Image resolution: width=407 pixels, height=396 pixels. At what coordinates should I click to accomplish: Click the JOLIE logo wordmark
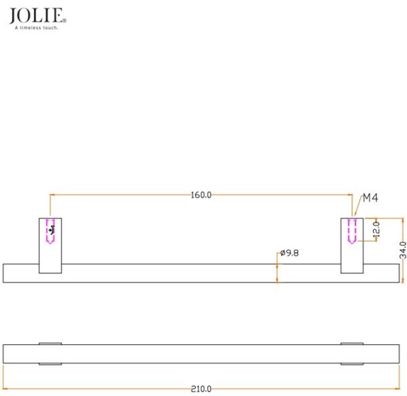pos(36,16)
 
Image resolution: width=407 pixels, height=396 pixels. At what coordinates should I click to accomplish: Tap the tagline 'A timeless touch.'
pos(37,28)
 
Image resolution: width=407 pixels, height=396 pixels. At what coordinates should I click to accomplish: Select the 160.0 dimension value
pos(201,195)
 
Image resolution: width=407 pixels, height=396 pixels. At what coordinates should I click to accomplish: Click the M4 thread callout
pos(370,198)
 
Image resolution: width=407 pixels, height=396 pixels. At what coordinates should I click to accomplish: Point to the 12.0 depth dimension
pos(376,229)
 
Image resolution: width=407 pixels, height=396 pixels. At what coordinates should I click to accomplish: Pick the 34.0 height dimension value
pos(403,250)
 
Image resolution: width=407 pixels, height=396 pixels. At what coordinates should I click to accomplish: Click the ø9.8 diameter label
pos(290,253)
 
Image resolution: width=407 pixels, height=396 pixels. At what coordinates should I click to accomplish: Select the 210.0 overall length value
pos(201,389)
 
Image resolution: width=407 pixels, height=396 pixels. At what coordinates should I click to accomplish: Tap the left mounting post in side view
pos(50,245)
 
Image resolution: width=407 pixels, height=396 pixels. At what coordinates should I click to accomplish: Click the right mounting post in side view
pos(352,245)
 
